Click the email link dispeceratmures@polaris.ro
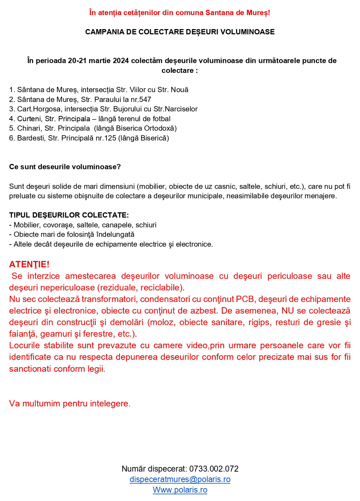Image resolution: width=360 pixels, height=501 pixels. tap(180, 479)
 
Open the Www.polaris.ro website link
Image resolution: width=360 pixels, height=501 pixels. tap(180, 490)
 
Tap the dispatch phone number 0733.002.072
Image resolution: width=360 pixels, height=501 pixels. tap(214, 469)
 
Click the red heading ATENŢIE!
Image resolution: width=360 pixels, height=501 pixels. tap(29, 264)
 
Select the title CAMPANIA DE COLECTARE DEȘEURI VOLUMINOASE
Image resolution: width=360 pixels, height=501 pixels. tap(180, 32)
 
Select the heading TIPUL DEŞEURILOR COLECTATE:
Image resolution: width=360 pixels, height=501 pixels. tap(69, 215)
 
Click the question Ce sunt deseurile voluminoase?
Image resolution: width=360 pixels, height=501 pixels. tap(65, 167)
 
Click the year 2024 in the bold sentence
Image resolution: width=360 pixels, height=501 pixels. tap(121, 61)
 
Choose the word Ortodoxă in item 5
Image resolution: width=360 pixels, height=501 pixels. tap(159, 128)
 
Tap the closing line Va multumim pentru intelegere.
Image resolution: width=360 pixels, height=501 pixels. tap(70, 404)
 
